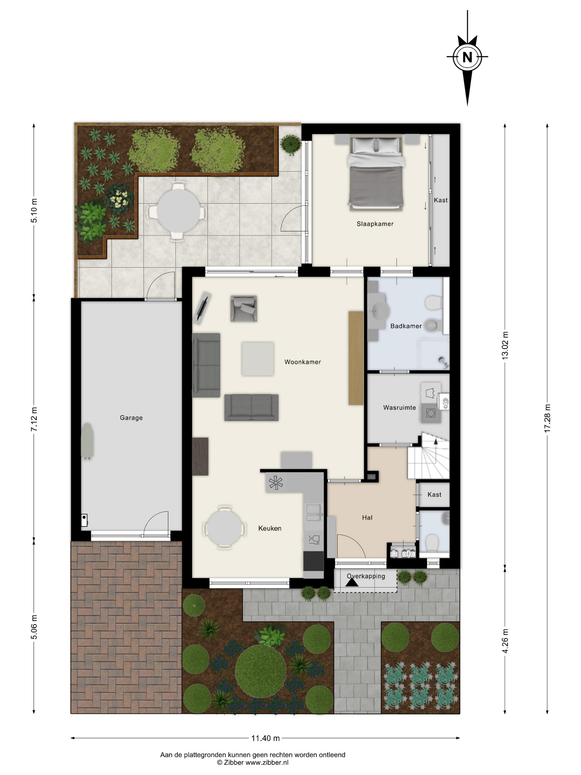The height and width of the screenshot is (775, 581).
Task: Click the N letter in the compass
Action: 467,57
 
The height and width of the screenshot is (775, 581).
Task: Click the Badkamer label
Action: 406,326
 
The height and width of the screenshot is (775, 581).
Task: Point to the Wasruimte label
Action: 399,408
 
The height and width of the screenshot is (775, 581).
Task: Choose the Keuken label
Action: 270,528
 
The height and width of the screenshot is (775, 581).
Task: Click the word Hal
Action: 367,518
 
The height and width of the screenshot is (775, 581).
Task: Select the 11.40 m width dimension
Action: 265,738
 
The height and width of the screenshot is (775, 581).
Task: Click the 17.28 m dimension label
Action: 547,418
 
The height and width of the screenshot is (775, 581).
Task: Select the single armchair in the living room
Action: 244,308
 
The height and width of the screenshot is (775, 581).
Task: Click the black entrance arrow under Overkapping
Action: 352,582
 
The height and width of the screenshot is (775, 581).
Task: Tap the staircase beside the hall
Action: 428,456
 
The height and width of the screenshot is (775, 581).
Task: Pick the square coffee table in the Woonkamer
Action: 258,359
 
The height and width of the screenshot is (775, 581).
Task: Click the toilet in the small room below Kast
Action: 433,543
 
